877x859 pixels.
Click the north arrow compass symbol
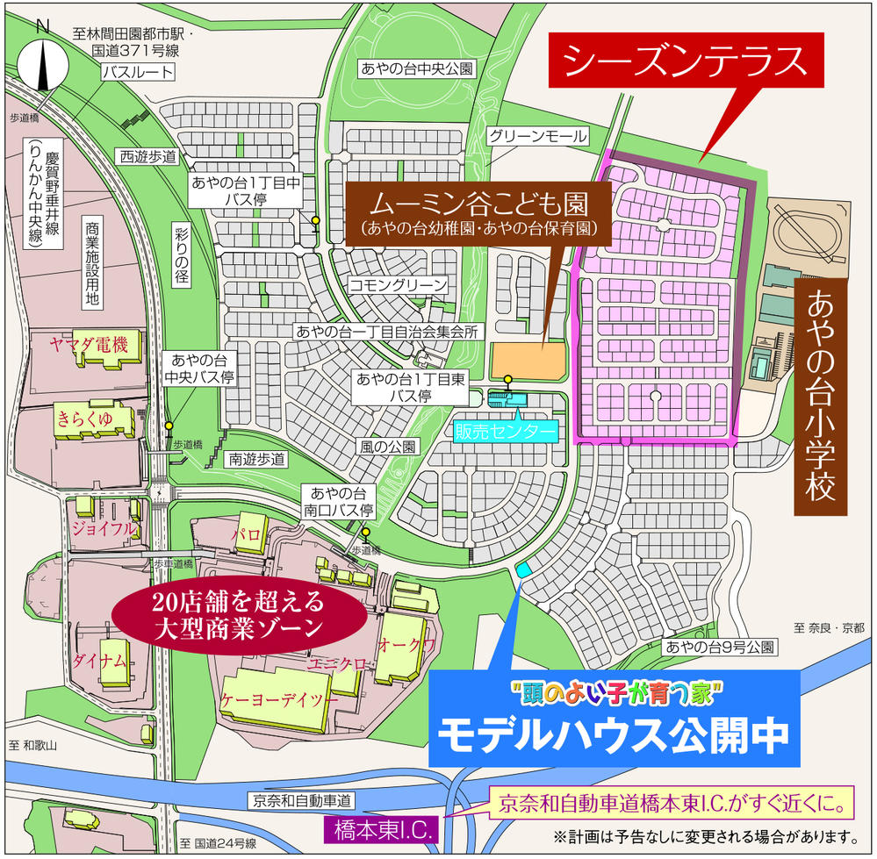click(42, 56)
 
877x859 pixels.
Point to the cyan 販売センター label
click(507, 432)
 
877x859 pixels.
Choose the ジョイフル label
click(103, 528)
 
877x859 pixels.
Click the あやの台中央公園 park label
click(417, 68)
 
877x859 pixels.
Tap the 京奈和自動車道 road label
click(301, 800)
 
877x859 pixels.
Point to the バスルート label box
click(129, 73)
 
